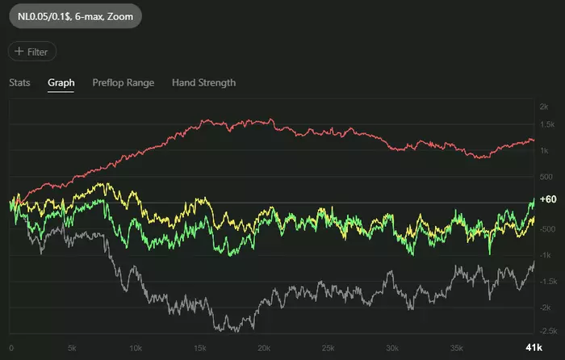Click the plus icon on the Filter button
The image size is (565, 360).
pos(19,52)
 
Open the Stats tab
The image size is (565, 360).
pos(19,82)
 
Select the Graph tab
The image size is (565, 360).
pos(61,82)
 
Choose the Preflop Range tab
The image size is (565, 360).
pos(123,82)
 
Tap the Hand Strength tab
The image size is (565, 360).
pos(203,82)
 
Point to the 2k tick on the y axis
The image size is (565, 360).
pos(545,107)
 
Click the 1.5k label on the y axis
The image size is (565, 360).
pos(546,124)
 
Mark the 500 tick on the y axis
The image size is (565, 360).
pos(546,177)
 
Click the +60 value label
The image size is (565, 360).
pos(549,199)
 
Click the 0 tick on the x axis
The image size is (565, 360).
pos(10,347)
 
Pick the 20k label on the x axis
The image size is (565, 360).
pos(263,347)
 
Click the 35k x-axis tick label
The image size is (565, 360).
pos(454,347)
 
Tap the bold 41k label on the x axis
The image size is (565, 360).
pos(533,347)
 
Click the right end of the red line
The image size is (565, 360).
pos(534,140)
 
